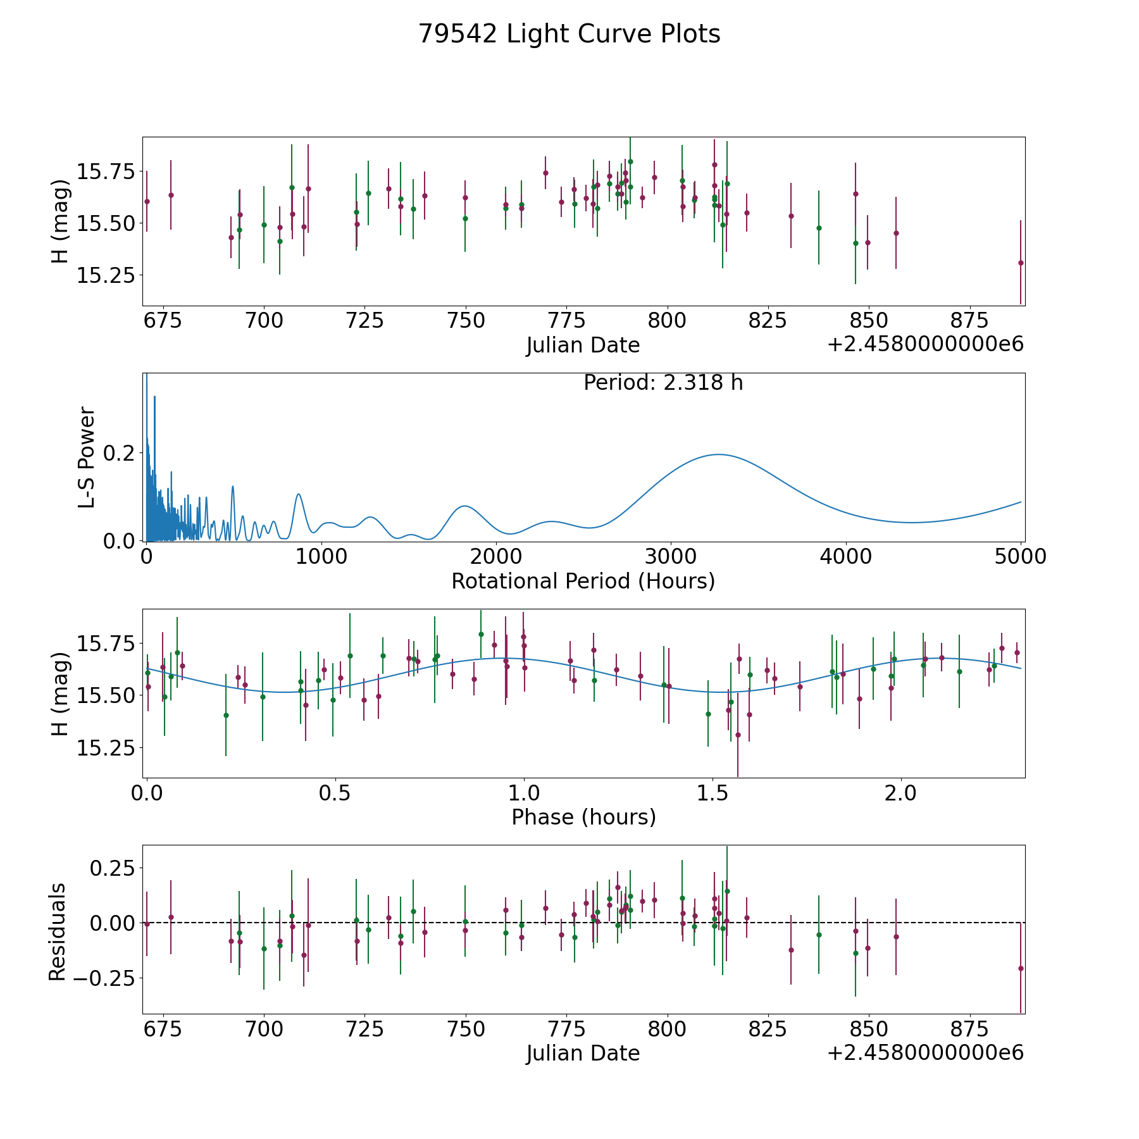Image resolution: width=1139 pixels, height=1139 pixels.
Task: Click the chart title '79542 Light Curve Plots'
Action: coord(569,34)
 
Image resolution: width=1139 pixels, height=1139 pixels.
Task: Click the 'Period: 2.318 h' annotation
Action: coord(663,383)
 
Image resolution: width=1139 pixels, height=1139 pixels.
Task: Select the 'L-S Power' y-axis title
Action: coord(87,457)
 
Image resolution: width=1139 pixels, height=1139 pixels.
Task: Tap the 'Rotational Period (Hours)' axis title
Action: coord(583,581)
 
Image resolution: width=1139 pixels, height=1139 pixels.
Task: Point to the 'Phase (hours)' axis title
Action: coord(583,817)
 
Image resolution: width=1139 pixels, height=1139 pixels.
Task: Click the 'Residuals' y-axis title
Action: coord(58,931)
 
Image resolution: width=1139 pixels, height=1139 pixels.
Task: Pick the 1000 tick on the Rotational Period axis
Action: coord(321,556)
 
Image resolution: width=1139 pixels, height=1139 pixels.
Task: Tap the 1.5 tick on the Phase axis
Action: coord(713,792)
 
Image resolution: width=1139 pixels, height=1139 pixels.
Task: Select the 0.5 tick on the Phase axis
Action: coord(335,792)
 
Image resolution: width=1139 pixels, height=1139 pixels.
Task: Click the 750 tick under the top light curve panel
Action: coord(466,320)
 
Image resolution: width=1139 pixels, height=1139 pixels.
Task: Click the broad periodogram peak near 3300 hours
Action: coord(718,454)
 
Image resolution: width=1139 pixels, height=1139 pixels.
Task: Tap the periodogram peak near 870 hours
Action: coord(298,494)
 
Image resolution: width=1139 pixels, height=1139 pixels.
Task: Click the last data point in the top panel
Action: coord(1020,263)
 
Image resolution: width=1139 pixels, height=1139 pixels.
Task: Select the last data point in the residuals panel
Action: coord(1020,968)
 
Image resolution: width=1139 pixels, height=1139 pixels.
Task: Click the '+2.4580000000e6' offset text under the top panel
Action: coord(925,345)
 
